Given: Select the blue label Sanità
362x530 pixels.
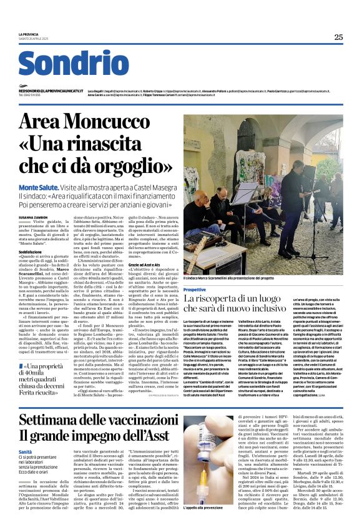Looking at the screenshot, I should (26, 451).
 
